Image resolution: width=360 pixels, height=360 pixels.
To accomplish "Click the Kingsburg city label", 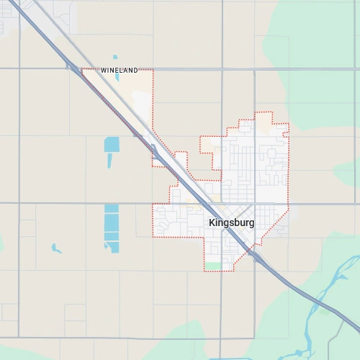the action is (231, 223).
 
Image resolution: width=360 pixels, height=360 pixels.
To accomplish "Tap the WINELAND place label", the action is (119, 71).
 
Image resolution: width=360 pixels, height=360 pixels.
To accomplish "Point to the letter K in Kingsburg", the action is (212, 223).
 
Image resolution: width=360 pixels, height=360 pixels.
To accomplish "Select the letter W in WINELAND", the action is (103, 71).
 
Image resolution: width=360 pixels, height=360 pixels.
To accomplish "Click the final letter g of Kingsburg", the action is (251, 224).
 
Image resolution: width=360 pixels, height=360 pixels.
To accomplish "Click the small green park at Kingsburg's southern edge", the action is (213, 266).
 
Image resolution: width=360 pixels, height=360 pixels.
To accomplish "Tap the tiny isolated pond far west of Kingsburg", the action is (56, 248).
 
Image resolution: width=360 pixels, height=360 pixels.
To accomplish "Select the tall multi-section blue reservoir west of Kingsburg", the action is (112, 227).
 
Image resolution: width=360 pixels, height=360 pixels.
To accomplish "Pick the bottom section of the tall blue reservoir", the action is (112, 246).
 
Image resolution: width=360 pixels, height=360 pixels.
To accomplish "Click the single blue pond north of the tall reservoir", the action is (112, 144).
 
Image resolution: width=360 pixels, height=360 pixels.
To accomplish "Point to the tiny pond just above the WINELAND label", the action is (115, 58).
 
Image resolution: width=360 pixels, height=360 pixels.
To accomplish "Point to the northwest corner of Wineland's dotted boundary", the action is (81, 69).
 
